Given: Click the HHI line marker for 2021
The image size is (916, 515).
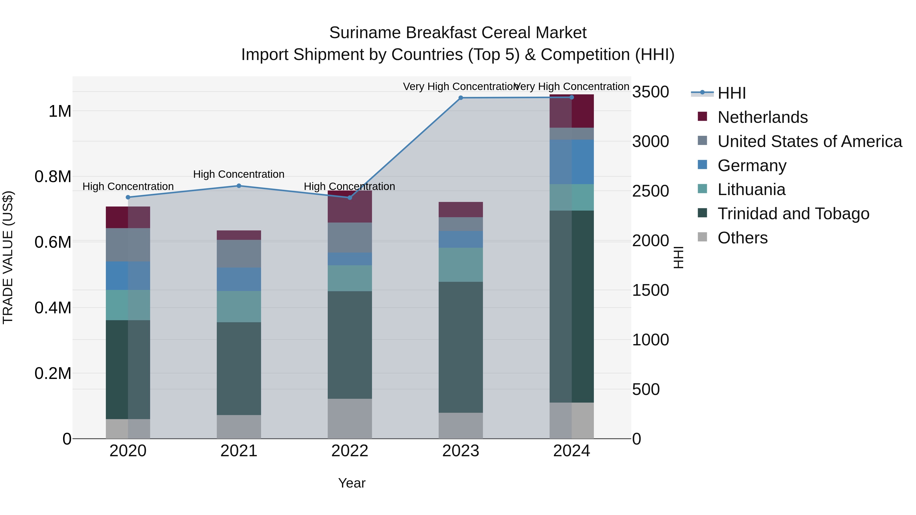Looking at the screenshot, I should coord(239,186).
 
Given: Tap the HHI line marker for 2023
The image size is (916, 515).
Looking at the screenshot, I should coord(461,98).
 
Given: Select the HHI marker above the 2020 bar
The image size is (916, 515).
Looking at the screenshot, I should coord(128,197).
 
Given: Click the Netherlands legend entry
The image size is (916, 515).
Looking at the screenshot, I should coord(762,117).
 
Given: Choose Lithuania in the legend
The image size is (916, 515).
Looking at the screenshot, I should coord(751,189).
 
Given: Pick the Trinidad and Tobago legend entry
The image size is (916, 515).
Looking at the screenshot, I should coord(793,214).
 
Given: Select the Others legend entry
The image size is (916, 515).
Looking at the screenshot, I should coord(742,238).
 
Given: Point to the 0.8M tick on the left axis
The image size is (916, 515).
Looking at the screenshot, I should coord(53,177).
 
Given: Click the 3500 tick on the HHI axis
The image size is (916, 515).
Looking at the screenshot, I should coord(650,92).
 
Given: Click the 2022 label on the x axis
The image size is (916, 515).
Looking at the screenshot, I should coord(350,451).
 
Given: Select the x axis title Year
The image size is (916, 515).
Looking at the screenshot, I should coord(352,483).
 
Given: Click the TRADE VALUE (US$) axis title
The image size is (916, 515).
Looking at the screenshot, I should coord(8,257).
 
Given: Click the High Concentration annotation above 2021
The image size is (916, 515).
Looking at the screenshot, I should coord(239,174).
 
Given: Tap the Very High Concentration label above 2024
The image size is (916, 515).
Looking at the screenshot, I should coord(571,86).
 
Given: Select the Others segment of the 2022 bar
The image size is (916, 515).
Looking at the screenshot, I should coord(350,419).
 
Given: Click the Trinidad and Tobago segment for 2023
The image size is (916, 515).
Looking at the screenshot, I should coord(461,347).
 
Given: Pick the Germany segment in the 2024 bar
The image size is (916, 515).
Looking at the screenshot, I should coord(571,162).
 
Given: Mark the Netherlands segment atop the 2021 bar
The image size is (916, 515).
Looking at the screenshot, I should coord(239,235).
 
